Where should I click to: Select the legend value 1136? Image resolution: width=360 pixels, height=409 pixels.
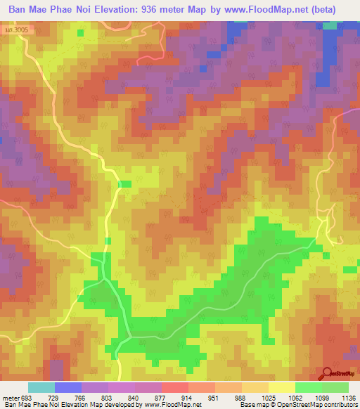(x=345, y=398)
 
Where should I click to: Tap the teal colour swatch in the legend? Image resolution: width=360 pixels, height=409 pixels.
(x=41, y=387)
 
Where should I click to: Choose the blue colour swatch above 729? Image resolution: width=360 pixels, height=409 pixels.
(x=68, y=387)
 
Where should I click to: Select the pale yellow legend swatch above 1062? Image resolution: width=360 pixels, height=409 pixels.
(x=282, y=387)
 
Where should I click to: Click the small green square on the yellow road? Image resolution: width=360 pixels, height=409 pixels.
(x=124, y=184)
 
